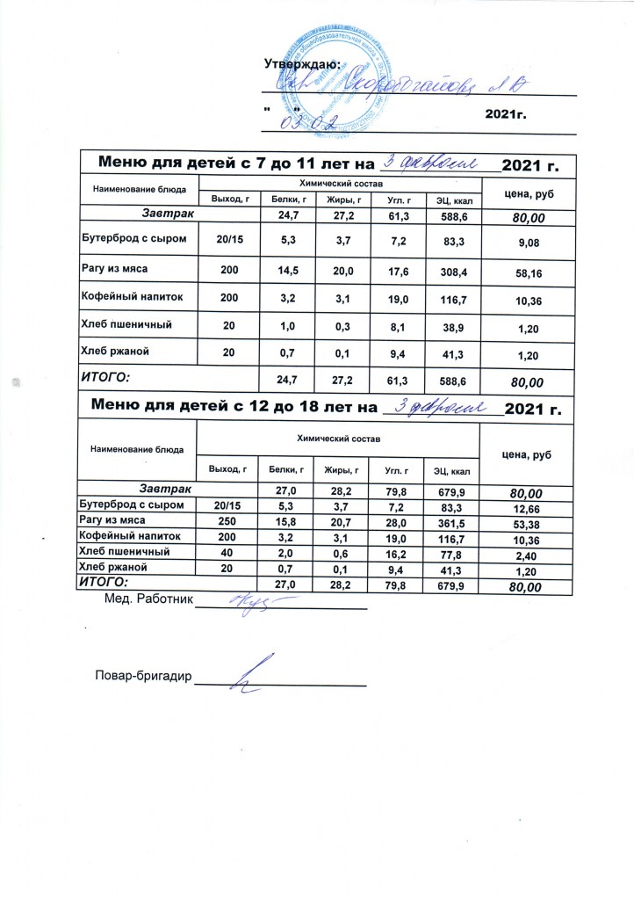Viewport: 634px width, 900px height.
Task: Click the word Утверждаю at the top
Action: (302, 62)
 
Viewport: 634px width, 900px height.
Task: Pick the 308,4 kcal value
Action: (447, 273)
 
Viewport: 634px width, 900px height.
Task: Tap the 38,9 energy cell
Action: (447, 324)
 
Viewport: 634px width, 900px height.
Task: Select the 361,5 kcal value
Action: (447, 520)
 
